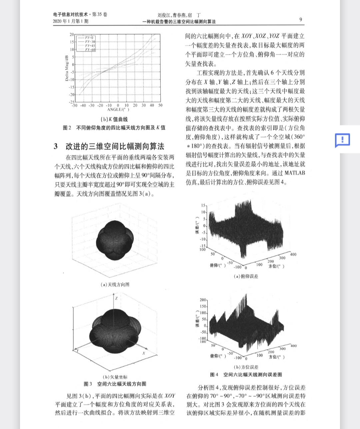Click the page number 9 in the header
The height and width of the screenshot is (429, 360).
tap(300, 19)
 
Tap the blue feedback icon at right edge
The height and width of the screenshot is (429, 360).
tap(342, 140)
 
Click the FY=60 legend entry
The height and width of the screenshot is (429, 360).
tap(90, 50)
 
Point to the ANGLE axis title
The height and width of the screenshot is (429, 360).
tap(118, 109)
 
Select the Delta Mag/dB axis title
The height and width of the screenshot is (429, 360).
tap(67, 68)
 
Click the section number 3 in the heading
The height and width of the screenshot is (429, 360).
tap(56, 146)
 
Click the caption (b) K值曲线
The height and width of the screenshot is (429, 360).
tap(114, 119)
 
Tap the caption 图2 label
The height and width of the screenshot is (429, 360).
tap(67, 128)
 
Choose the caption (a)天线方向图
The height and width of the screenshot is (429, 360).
tap(115, 284)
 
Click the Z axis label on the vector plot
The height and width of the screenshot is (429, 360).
tap(116, 298)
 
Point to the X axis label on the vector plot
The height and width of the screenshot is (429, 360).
tap(144, 353)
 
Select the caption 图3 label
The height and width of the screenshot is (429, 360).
tap(88, 384)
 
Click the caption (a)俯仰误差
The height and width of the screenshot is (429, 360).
tap(246, 276)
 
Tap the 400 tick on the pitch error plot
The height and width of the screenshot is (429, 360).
tap(293, 254)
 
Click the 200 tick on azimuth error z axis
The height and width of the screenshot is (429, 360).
tap(203, 300)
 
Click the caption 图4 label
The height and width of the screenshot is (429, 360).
tap(214, 375)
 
